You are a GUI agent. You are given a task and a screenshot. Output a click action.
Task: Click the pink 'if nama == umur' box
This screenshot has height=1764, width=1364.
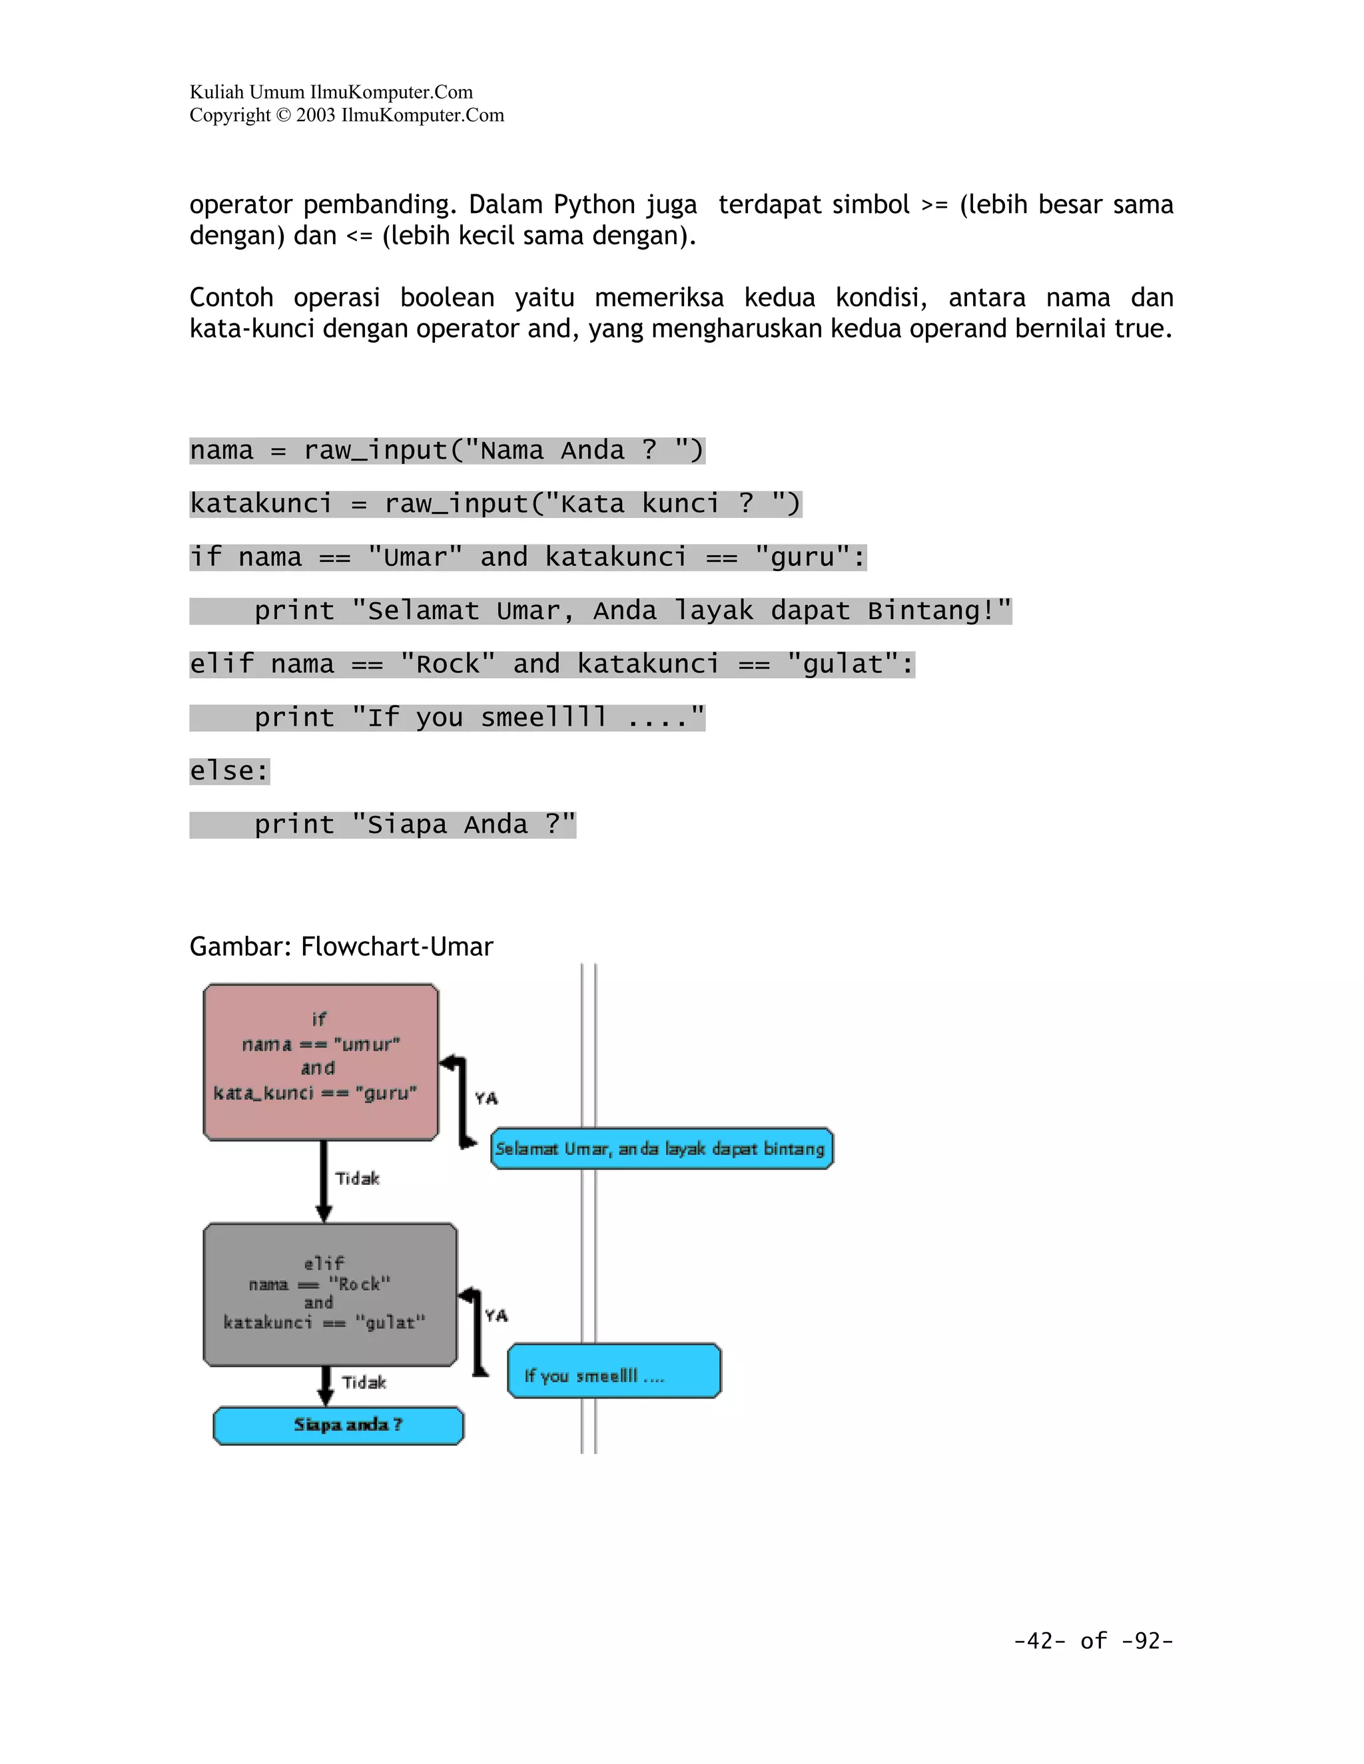[321, 1061]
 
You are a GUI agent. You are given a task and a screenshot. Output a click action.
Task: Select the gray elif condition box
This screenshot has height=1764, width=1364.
[330, 1294]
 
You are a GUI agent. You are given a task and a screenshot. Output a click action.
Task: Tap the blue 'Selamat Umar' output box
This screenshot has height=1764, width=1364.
[661, 1148]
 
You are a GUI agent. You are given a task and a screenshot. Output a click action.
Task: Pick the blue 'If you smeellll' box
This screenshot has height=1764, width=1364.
[613, 1370]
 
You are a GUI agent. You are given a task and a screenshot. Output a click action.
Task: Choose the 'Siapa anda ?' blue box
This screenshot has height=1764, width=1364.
[338, 1425]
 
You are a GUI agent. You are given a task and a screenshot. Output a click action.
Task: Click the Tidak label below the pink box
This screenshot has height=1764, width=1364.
[357, 1178]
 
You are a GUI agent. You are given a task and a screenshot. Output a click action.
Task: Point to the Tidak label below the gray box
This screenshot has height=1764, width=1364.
[364, 1382]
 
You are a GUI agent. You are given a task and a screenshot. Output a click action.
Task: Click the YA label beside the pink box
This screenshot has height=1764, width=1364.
[486, 1098]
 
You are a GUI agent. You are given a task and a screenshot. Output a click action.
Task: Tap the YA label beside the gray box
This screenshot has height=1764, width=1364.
[496, 1316]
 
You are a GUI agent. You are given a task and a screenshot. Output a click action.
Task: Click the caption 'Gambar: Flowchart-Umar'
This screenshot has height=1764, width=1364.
[341, 946]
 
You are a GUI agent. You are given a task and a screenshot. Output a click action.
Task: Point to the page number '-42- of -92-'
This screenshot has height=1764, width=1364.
[1092, 1640]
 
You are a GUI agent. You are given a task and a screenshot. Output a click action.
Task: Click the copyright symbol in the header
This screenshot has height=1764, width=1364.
[283, 116]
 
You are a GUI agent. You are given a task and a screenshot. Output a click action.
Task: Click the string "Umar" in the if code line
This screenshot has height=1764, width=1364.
[414, 557]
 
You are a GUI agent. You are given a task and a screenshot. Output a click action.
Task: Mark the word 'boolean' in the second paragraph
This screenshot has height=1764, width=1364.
[447, 298]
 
